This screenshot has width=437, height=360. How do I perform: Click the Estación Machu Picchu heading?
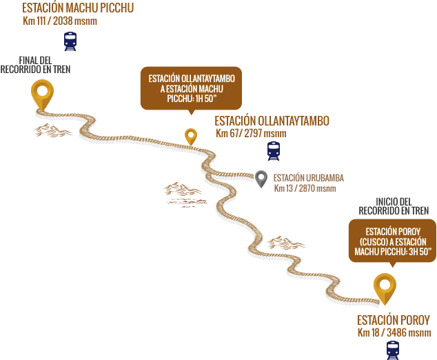[x=78, y=8]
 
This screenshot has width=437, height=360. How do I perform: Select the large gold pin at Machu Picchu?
[x=42, y=92]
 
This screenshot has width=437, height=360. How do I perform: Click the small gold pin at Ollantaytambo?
[x=191, y=136]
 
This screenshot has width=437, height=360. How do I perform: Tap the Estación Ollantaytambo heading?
[x=272, y=121]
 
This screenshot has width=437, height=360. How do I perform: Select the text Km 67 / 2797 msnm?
[x=251, y=133]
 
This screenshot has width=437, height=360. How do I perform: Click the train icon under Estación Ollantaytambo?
[x=274, y=150]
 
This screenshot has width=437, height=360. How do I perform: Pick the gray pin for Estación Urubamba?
[x=261, y=179]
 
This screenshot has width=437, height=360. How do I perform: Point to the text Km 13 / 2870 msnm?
[x=305, y=188]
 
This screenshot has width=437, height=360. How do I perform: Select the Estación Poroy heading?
[x=393, y=321]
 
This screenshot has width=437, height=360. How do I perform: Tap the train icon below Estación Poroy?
[x=392, y=350]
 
